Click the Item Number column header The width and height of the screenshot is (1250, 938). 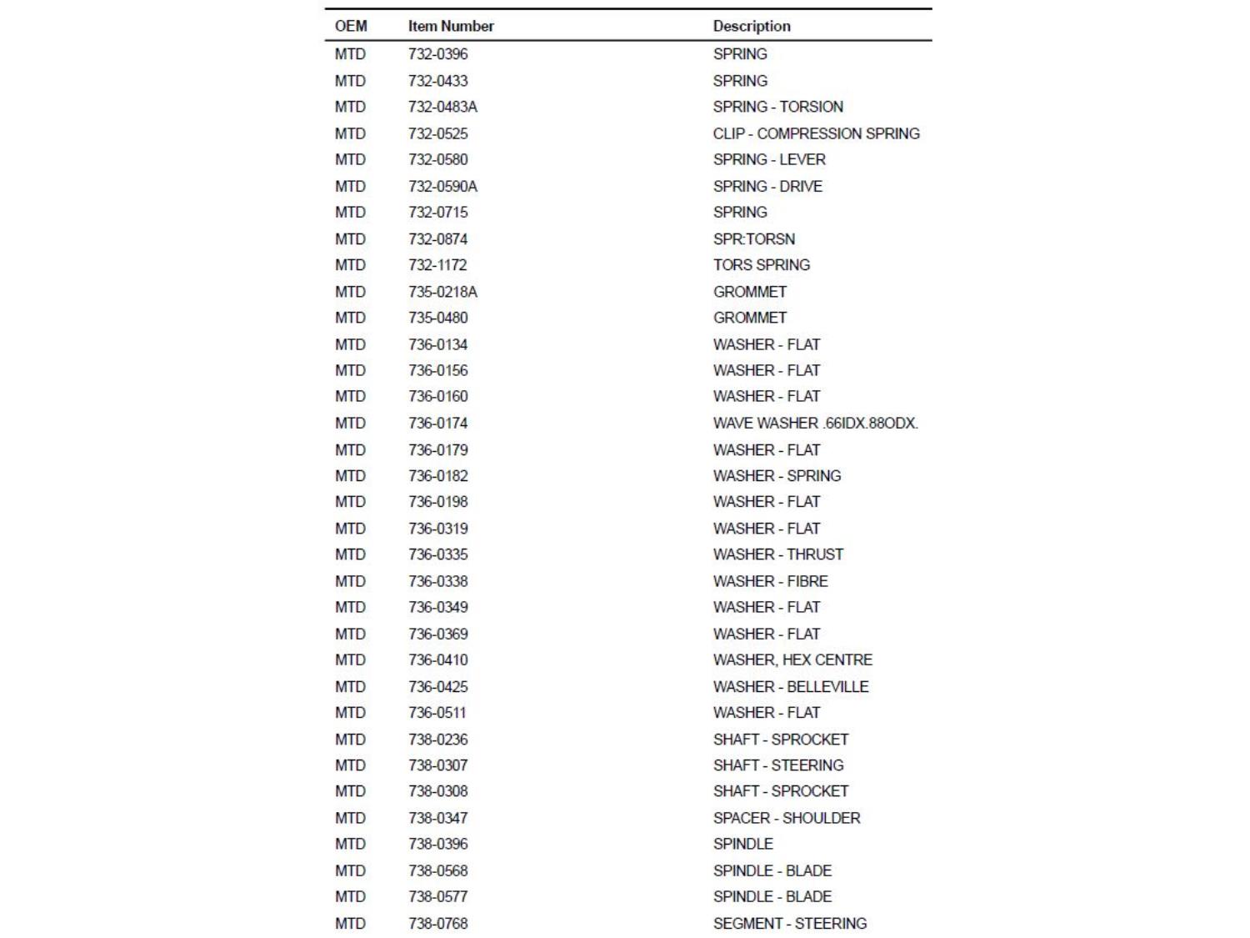tap(451, 26)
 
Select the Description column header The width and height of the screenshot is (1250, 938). tap(752, 26)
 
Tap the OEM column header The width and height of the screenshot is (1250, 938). tap(351, 26)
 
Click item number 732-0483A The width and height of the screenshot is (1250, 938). tap(442, 107)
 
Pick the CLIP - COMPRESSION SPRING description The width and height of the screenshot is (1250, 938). tap(816, 133)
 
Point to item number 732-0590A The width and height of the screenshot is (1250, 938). tap(442, 186)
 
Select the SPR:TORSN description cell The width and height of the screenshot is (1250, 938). tap(754, 238)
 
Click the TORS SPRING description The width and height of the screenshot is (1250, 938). tap(761, 265)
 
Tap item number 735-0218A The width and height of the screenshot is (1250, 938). tap(442, 292)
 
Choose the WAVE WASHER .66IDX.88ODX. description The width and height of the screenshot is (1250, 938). tap(815, 423)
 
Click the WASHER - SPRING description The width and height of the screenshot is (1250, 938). tap(777, 475)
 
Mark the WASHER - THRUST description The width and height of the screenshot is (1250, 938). tap(777, 554)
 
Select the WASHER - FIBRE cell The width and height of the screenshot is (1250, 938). tap(770, 581)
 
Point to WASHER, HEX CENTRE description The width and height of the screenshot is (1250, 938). tap(792, 660)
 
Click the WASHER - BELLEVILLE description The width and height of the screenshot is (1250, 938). tap(790, 686)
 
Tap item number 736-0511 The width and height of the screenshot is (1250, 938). tap(437, 713)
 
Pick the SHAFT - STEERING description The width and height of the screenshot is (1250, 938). tap(778, 765)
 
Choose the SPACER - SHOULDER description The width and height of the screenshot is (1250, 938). tap(787, 818)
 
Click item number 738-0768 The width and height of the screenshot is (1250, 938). tap(438, 923)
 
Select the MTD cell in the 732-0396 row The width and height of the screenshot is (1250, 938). tap(351, 54)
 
